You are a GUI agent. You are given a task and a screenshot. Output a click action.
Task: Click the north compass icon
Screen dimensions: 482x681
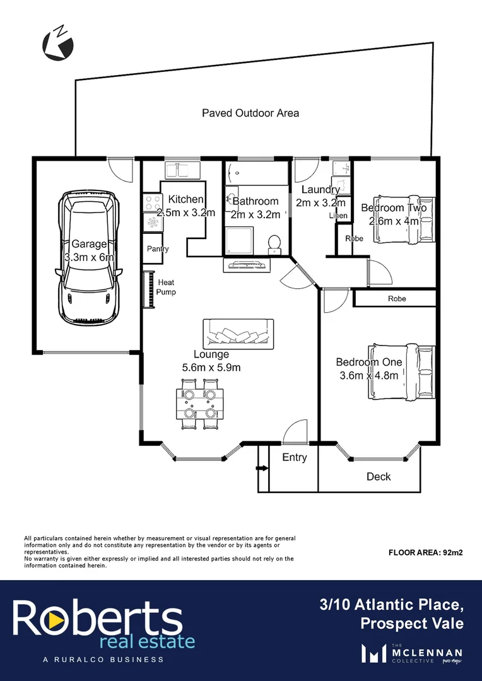pyautogui.click(x=58, y=44)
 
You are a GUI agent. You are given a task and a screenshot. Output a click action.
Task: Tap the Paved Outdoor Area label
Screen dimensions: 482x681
pyautogui.click(x=250, y=113)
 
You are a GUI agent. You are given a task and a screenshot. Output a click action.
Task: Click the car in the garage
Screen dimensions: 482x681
pyautogui.click(x=89, y=257)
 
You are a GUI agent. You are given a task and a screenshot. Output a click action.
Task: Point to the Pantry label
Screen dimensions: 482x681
pyautogui.click(x=158, y=249)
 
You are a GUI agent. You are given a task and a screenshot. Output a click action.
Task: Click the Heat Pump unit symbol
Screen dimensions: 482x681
pyautogui.click(x=150, y=289)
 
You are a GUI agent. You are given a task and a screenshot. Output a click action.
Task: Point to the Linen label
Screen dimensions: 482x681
pyautogui.click(x=339, y=216)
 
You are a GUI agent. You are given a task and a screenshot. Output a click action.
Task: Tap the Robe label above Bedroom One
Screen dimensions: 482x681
pyautogui.click(x=397, y=298)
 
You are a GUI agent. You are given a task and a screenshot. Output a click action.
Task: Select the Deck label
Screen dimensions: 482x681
pyautogui.click(x=379, y=477)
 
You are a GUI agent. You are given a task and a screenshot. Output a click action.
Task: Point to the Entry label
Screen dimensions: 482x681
pyautogui.click(x=294, y=458)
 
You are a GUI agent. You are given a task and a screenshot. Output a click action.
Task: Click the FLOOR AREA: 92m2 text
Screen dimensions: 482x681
pyautogui.click(x=426, y=552)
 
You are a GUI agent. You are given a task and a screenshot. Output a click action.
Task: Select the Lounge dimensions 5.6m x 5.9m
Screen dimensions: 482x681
pyautogui.click(x=211, y=368)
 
